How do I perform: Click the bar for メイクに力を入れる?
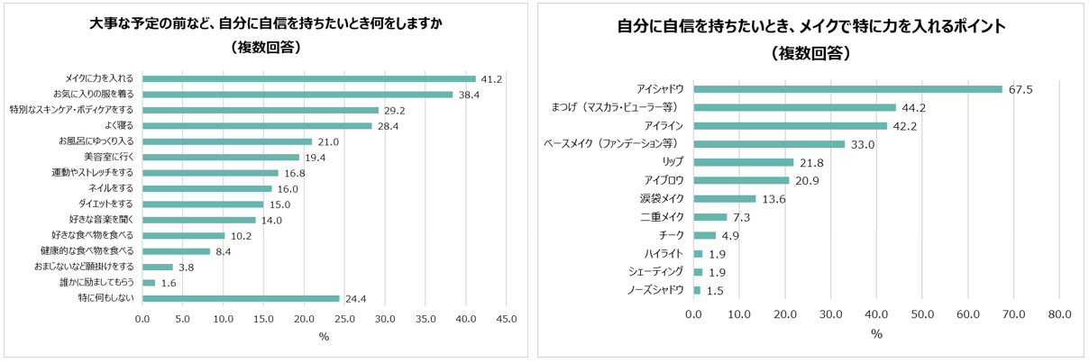pos(308,78)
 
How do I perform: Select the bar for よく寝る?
pos(257,125)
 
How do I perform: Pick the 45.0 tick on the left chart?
pos(506,318)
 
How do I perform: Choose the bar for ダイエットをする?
pos(203,204)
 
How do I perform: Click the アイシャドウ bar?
pos(847,88)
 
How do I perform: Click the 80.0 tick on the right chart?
pos(1059,313)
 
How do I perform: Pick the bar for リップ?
pos(743,162)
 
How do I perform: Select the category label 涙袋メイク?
pos(663,198)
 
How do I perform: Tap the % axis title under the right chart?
pos(875,334)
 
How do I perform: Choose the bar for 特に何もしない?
pos(241,298)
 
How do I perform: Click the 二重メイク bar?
pos(709,217)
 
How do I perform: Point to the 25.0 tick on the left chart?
pos(344,318)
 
